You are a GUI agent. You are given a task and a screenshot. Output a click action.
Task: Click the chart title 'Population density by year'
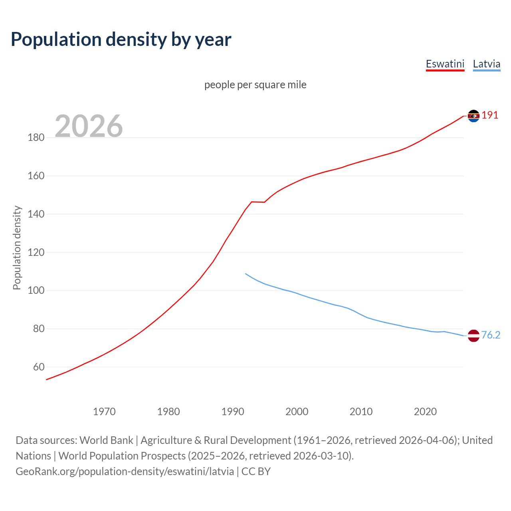(x=121, y=40)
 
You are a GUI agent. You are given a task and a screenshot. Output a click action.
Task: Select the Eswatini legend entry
(x=445, y=64)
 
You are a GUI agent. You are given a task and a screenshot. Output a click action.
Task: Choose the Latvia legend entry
(x=486, y=64)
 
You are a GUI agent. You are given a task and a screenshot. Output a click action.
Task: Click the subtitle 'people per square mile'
(x=255, y=85)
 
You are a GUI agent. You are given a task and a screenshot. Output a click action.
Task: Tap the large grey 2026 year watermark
(x=89, y=126)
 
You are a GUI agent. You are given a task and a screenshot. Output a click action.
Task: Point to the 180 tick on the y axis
(x=36, y=138)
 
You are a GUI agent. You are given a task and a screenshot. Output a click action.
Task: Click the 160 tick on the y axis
(x=36, y=176)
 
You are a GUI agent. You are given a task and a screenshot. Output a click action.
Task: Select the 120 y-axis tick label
(x=36, y=252)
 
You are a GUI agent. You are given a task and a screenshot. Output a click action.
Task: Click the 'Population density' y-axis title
(x=17, y=248)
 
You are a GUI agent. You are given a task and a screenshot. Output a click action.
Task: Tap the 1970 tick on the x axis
(x=104, y=412)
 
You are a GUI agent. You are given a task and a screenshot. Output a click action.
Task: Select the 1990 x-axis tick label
(x=233, y=412)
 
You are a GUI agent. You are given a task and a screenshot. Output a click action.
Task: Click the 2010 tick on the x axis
(x=361, y=412)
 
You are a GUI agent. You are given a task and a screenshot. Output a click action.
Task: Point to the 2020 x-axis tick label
(x=425, y=412)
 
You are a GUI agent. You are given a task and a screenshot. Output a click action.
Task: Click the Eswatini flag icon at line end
(x=473, y=116)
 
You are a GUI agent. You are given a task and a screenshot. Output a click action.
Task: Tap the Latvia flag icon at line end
(x=473, y=336)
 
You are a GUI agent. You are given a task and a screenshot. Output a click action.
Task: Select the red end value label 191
(x=490, y=115)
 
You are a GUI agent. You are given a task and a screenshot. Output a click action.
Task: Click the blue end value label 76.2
(x=491, y=335)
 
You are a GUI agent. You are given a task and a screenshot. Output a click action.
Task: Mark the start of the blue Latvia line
(x=246, y=274)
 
